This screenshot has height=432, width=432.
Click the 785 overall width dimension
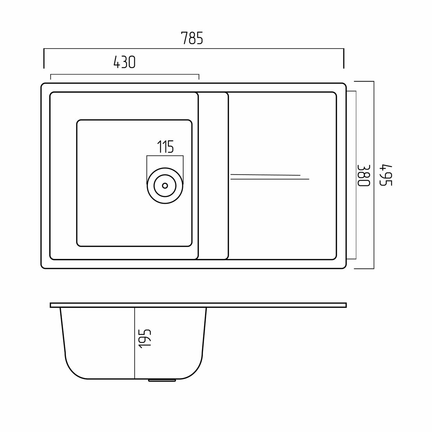(192, 38)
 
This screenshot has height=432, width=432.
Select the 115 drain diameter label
(166, 147)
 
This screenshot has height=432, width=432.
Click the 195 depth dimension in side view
(145, 339)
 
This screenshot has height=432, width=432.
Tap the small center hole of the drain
(165, 186)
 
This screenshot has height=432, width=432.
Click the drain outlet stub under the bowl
(162, 380)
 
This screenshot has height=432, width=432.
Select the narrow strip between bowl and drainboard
(213, 176)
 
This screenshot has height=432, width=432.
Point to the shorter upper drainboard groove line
(265, 175)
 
